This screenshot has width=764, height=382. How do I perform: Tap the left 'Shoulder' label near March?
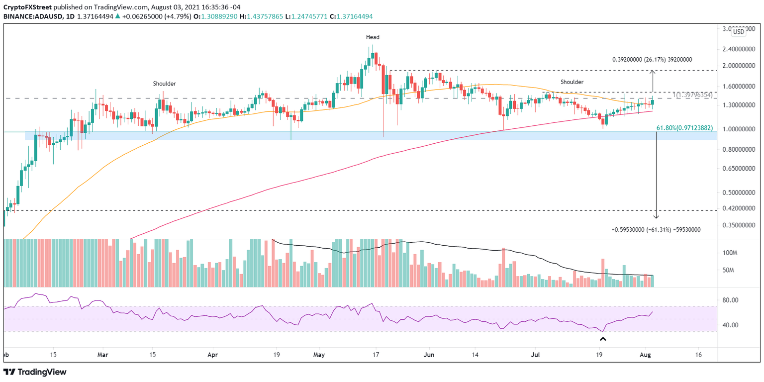coord(165,84)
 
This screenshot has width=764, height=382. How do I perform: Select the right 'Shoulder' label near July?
coord(572,82)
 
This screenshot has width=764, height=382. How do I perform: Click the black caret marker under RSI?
coord(603,339)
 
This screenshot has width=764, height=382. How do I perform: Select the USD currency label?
coord(739,32)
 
